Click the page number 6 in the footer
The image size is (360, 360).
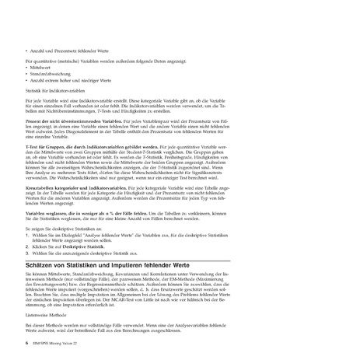pyautogui.click(x=27, y=341)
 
